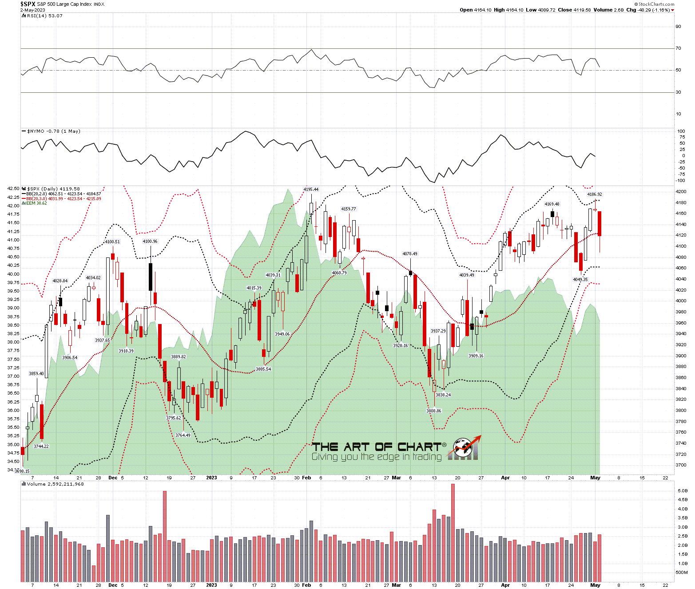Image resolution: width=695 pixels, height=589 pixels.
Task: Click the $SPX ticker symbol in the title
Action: (x=28, y=4)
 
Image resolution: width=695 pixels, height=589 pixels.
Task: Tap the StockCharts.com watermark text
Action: (x=656, y=4)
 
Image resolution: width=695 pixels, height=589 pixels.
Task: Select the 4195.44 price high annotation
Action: (x=311, y=190)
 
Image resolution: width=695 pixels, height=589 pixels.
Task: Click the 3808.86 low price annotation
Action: (x=434, y=411)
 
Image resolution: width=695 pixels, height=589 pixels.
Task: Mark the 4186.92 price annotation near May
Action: (x=595, y=194)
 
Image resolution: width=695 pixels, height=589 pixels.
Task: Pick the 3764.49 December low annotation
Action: (x=183, y=435)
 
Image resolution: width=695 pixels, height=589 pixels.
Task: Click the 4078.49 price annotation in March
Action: (x=410, y=254)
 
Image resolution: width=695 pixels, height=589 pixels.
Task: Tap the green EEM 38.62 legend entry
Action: (x=36, y=203)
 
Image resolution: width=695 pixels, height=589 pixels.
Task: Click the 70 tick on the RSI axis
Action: (x=678, y=48)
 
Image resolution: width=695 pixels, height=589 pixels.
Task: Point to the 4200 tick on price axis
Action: (x=681, y=192)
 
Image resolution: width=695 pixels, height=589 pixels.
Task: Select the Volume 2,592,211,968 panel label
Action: (x=55, y=484)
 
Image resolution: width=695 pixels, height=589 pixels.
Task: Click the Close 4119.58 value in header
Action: (x=575, y=10)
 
